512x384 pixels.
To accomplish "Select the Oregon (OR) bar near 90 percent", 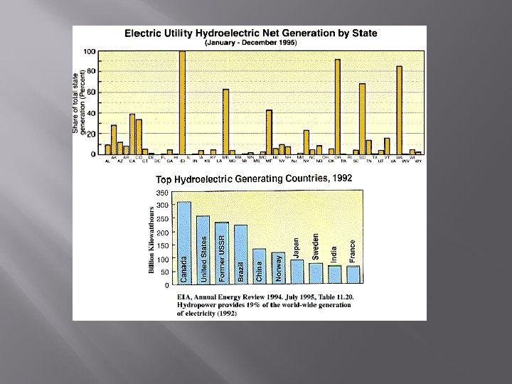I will [337, 107].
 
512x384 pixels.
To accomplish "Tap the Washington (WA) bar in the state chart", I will [399, 110].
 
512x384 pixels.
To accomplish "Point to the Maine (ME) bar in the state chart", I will [225, 122].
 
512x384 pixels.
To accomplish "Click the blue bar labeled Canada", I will [184, 242].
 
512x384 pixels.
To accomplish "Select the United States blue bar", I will [203, 250].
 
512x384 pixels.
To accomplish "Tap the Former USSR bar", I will [222, 253].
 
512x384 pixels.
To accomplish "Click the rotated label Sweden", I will [316, 247].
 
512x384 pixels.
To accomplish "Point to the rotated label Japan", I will [297, 248].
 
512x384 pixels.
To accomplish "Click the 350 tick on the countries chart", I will [163, 192].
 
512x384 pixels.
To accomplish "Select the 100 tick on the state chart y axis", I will [90, 51].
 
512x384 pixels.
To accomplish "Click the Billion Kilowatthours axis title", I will [151, 240].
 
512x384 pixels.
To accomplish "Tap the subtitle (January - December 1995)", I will [251, 43].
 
